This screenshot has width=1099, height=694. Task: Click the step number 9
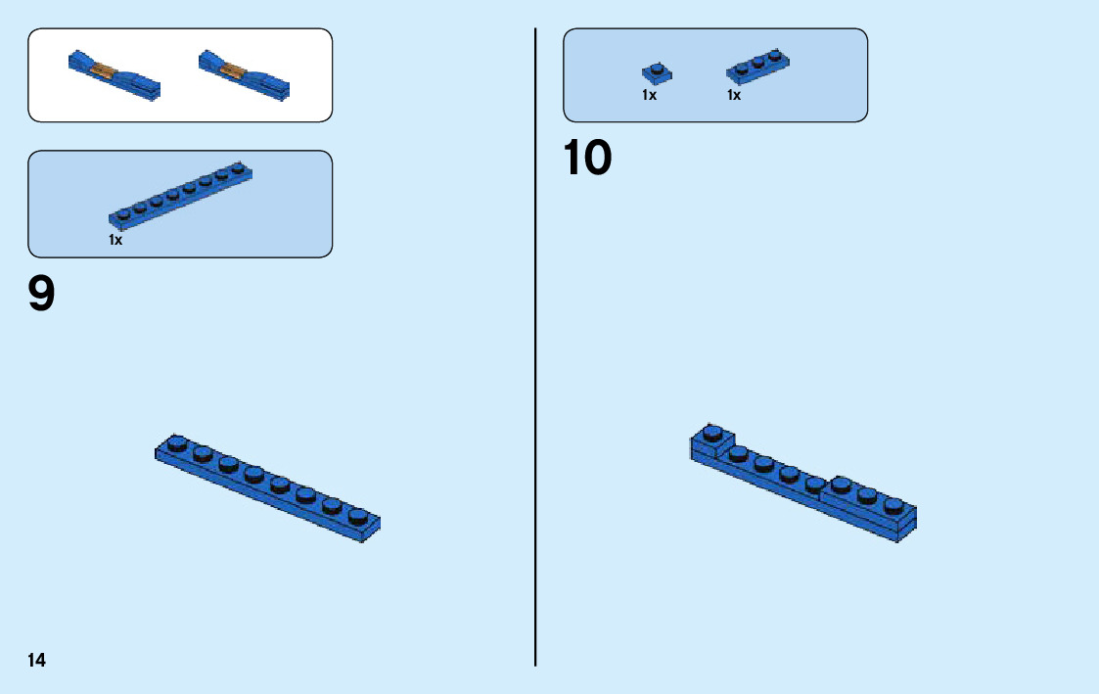coord(42,294)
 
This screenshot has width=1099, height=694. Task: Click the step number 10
coord(588,158)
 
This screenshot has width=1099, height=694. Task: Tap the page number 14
coord(36,660)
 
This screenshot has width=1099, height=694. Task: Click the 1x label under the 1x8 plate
coord(115,240)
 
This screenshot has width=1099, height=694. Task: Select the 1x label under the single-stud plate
coord(649,96)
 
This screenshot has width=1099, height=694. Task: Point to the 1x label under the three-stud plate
coord(734,96)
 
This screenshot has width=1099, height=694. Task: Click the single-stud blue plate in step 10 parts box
coord(657,72)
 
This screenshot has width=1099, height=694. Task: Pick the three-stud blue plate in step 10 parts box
coord(758,66)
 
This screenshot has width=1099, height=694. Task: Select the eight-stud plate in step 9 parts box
coord(181,194)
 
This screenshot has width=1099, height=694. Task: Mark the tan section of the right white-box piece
coord(233,69)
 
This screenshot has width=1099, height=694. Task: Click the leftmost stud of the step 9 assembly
coord(177,443)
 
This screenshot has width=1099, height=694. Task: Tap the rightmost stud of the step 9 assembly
coord(358,515)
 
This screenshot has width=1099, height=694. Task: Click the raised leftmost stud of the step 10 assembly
coord(712,432)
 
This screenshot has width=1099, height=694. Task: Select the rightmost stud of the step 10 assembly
coord(893,504)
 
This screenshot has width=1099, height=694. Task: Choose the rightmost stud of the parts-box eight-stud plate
coord(237,167)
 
